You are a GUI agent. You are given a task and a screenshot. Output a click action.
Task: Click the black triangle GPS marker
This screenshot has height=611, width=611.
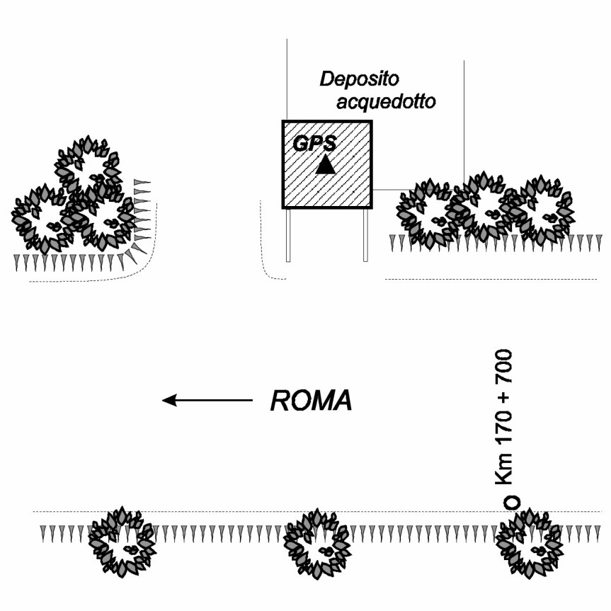325,165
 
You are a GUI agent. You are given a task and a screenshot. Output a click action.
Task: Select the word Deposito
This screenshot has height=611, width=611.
355,78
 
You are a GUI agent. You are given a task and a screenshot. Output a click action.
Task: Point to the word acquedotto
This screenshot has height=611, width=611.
386,102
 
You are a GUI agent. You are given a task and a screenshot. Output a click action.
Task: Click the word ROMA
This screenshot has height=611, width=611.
311,401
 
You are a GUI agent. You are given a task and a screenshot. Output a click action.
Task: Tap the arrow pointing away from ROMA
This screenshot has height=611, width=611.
207,401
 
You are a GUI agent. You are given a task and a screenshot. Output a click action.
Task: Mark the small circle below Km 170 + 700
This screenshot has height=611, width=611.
511,502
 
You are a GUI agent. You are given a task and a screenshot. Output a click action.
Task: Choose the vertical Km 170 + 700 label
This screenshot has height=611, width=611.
508,418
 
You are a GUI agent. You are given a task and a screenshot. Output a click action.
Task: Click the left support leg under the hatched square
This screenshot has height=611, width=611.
288,235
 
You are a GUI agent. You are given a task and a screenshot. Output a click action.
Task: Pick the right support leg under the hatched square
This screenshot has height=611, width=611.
365,235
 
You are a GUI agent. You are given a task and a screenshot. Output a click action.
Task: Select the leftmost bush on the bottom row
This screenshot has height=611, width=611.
122,543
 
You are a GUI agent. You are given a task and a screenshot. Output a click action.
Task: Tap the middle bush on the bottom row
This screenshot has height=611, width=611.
316,543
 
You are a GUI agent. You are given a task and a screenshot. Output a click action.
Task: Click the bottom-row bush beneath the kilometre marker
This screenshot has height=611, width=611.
528,543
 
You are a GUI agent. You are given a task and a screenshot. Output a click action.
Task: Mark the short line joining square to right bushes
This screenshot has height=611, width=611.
388,190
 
